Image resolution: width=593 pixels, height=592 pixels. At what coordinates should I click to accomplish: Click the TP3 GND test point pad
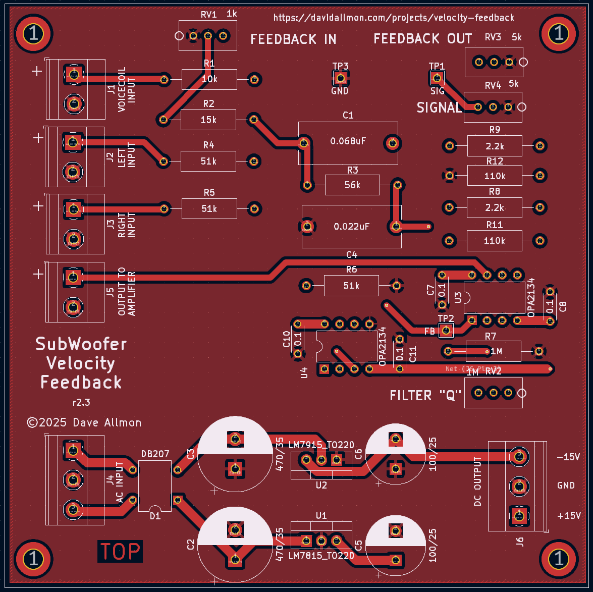[340, 78]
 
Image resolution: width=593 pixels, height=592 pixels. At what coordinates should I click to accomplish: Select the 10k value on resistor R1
[209, 79]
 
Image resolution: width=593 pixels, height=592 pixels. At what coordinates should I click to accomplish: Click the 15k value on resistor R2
[208, 120]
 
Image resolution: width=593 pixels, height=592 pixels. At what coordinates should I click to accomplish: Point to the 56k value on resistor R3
[352, 185]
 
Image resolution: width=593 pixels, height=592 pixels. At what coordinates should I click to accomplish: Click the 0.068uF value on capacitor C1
[348, 141]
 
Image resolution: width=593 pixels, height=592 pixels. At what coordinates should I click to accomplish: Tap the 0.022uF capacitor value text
[352, 227]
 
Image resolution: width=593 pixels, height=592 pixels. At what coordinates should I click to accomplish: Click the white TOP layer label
[120, 551]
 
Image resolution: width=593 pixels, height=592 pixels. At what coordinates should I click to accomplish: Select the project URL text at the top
[394, 18]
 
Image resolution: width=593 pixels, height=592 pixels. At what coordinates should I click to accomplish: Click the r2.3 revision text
[81, 403]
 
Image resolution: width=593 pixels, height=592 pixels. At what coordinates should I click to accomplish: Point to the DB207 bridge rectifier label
[155, 454]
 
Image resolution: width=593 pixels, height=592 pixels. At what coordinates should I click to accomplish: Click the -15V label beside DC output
[568, 457]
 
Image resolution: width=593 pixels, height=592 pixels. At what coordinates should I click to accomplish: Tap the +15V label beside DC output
[568, 516]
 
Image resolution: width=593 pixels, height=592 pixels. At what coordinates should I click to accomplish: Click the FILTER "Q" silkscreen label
[423, 395]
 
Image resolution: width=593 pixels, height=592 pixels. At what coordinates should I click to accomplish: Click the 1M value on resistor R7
[496, 351]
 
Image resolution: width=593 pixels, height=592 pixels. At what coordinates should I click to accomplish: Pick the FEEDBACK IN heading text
[293, 39]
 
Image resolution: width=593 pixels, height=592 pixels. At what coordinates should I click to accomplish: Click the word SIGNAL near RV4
[439, 107]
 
